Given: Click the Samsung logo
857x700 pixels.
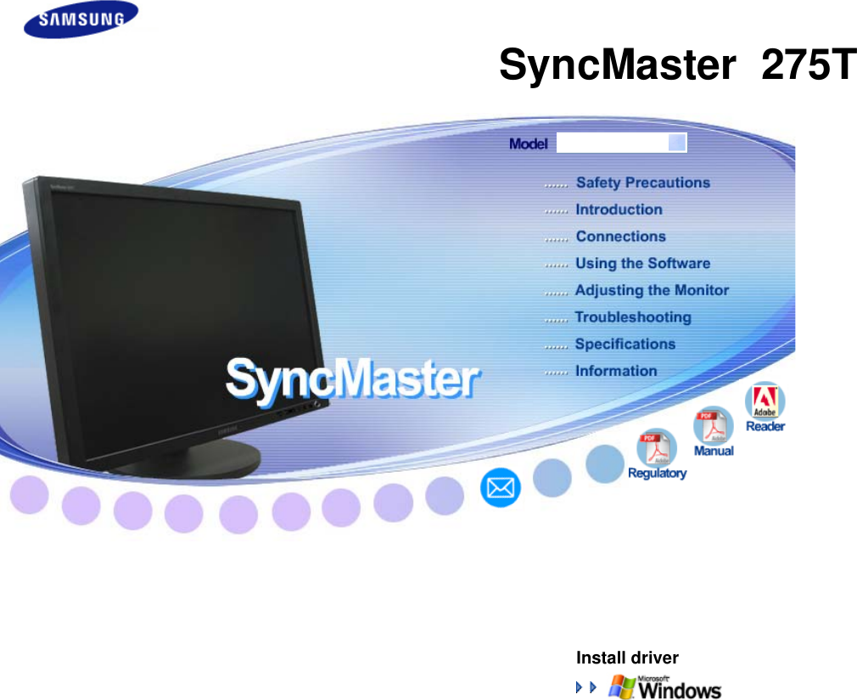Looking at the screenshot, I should click(x=81, y=20).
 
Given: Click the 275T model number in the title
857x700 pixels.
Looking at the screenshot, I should click(x=808, y=65).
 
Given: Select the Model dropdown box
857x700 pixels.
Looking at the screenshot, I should click(x=621, y=143).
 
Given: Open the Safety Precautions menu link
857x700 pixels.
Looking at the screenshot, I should click(x=642, y=182).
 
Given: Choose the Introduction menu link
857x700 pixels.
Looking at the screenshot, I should click(x=619, y=210).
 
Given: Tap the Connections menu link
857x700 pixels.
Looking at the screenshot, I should click(x=620, y=237).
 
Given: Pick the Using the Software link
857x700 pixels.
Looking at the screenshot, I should click(x=642, y=263).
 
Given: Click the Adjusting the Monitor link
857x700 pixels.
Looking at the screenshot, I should click(x=652, y=290).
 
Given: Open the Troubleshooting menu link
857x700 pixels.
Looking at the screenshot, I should click(x=633, y=317).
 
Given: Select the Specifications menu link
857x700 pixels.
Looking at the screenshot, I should click(x=625, y=344).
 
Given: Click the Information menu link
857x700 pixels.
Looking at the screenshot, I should click(x=616, y=371).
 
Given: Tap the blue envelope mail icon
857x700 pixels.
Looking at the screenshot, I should click(x=501, y=489).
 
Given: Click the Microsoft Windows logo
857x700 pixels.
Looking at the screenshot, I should click(x=665, y=686).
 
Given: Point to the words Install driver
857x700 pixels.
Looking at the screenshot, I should click(x=627, y=658).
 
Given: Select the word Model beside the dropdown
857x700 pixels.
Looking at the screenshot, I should click(x=528, y=144).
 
